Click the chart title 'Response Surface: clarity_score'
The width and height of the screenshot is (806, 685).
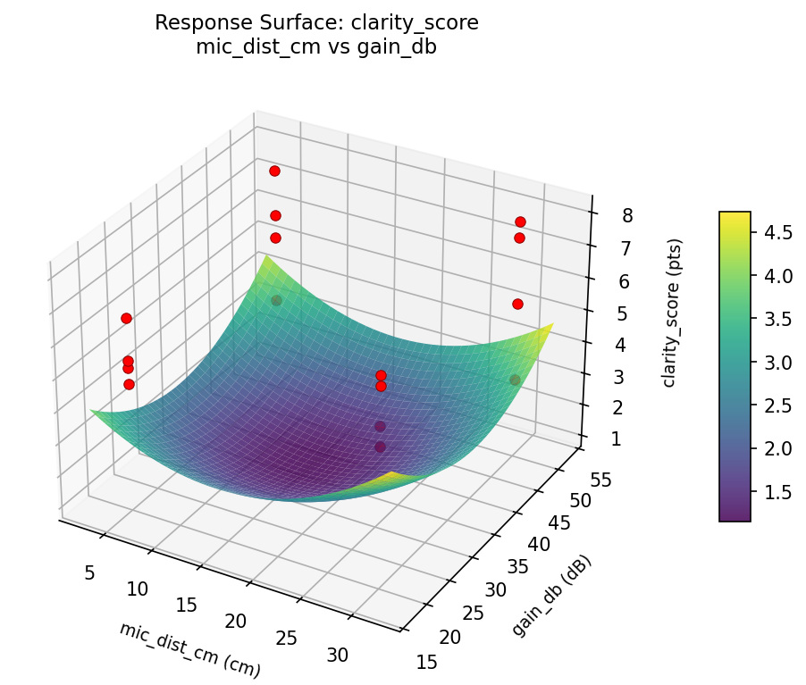tap(316, 23)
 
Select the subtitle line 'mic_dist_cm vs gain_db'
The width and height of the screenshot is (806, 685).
tap(316, 48)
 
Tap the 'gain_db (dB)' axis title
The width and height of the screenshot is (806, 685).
tap(551, 596)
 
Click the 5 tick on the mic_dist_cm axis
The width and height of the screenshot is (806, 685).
tap(89, 572)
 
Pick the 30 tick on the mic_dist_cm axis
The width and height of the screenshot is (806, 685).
tap(338, 655)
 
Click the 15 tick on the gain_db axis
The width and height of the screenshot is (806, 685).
tap(427, 662)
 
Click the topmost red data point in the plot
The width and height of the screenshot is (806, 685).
tap(274, 171)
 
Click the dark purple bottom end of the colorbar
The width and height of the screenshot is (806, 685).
tap(735, 516)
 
